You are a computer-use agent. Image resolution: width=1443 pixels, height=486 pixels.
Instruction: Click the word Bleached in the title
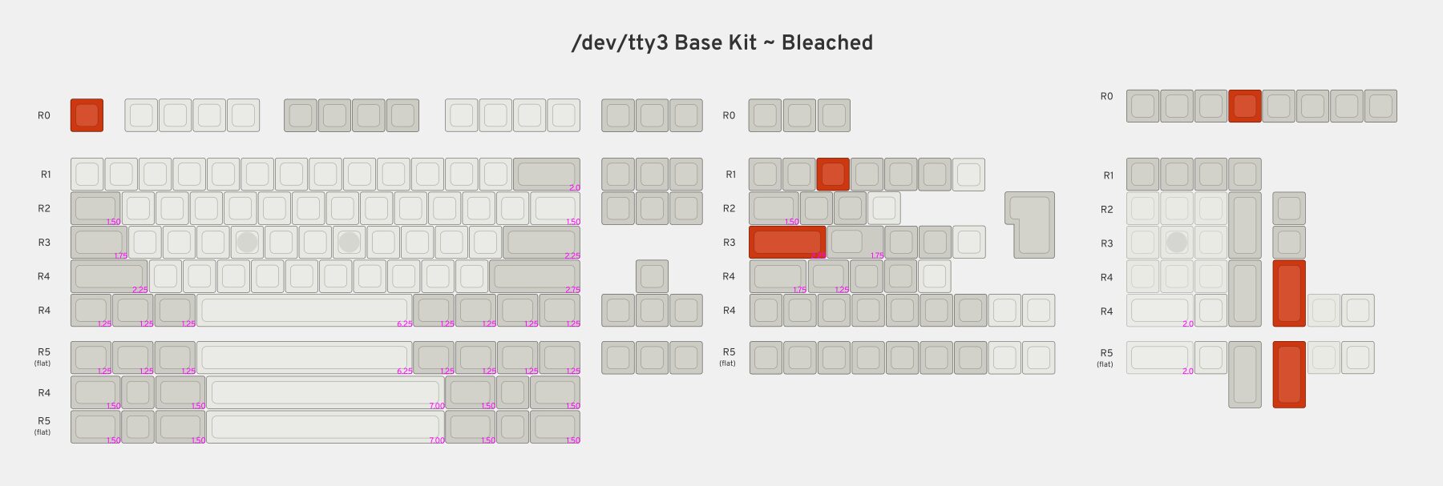(827, 42)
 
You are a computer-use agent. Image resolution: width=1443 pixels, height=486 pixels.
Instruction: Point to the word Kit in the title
(742, 42)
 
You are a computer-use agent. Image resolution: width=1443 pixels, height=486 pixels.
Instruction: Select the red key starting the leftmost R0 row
(87, 115)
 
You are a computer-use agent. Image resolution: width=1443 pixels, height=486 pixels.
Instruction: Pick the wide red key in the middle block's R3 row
(787, 242)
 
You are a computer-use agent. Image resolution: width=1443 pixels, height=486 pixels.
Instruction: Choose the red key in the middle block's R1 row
(833, 174)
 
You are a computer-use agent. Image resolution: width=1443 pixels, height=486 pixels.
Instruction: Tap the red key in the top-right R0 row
(1245, 106)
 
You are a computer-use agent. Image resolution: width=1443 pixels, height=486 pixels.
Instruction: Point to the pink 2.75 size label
(572, 290)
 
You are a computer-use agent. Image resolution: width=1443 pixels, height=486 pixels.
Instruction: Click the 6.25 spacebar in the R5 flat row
(304, 357)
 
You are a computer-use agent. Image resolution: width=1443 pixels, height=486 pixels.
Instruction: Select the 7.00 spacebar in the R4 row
(325, 392)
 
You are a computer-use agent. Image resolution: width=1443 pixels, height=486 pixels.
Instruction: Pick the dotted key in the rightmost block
(1177, 242)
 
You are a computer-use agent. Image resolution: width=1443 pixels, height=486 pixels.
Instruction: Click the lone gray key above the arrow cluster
(653, 276)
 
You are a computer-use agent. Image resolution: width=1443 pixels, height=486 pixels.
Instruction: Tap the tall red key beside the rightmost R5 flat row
(1289, 374)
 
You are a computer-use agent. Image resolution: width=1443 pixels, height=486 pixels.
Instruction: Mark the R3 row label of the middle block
(729, 243)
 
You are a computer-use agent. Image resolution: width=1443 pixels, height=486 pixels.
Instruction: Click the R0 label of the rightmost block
(1106, 96)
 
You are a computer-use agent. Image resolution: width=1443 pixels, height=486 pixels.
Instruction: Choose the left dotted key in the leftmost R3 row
(248, 242)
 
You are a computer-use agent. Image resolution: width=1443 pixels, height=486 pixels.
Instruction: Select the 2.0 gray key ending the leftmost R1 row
(546, 174)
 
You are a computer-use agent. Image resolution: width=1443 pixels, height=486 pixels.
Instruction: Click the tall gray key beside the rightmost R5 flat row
(1245, 374)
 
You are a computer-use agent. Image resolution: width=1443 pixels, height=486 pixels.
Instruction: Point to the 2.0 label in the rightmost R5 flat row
(1188, 371)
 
